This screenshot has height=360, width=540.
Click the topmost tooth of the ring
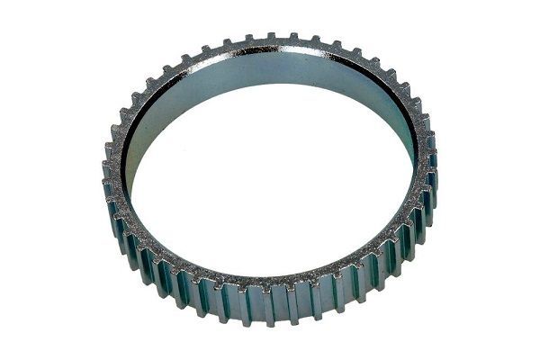tap(271, 36)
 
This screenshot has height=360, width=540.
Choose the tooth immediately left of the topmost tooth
tap(251, 37)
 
